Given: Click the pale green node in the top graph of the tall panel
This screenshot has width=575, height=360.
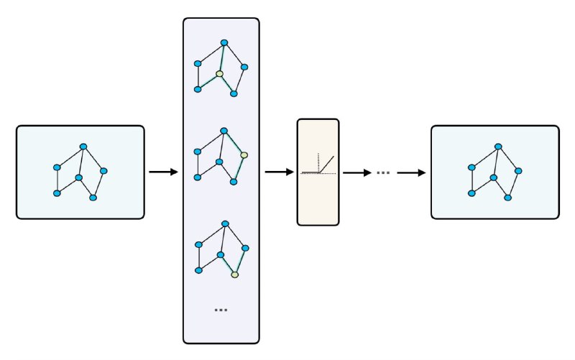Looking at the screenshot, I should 220,73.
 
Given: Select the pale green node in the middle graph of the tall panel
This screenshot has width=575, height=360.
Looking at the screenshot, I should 244,154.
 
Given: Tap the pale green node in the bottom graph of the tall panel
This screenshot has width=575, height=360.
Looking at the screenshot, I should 234,274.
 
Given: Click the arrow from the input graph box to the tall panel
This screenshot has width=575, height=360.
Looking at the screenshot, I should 163,172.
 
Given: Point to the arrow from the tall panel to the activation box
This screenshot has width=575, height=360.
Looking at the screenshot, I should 280,172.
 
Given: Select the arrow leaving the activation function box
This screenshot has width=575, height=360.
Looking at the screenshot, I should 356,172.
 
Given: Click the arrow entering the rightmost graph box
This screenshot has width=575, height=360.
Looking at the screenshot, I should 411,172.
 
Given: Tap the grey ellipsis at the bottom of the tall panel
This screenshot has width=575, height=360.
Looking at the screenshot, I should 221,310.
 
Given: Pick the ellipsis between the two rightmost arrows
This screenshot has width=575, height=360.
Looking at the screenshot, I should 382,172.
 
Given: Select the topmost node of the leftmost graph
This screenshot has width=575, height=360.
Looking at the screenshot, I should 83,147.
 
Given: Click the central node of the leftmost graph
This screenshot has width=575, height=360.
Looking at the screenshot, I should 79,177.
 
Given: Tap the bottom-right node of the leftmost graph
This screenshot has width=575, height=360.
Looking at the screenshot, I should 93,197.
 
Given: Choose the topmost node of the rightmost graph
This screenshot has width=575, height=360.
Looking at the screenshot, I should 497,147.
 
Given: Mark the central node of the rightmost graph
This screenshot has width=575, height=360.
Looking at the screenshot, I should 494,177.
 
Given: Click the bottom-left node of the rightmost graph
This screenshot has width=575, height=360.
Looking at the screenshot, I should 471,193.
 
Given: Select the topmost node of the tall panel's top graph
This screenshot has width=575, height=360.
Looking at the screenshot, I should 224,42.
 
